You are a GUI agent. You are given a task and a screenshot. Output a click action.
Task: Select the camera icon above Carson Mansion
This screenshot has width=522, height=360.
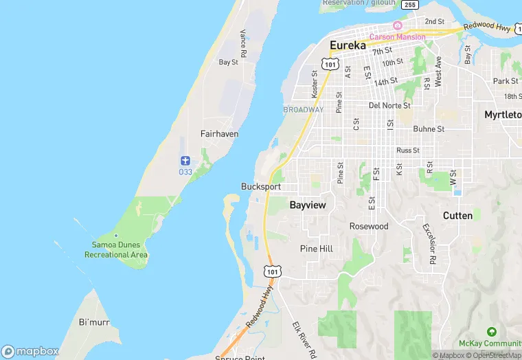pyautogui.click(x=397, y=25)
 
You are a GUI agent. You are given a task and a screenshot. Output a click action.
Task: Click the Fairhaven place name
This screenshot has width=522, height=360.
pyautogui.click(x=219, y=134)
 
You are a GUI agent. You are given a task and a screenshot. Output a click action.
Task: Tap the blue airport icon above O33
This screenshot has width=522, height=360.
pyautogui.click(x=185, y=160)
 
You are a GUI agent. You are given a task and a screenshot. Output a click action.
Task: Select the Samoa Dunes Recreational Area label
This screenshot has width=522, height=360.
pyautogui.click(x=116, y=249)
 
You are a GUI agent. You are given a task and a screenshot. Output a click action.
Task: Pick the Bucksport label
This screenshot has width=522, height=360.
pyautogui.click(x=261, y=187)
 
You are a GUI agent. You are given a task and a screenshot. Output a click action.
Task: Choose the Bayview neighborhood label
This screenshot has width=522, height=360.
pyautogui.click(x=308, y=205)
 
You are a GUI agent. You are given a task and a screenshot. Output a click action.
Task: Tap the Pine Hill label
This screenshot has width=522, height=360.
pyautogui.click(x=317, y=249)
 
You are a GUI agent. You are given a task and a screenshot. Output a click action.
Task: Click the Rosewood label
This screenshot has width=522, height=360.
pyautogui.click(x=369, y=226)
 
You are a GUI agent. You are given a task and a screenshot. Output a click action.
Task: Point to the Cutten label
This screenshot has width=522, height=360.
pyautogui.click(x=457, y=216)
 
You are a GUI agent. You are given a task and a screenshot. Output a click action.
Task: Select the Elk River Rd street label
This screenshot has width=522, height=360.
pyautogui.click(x=302, y=339)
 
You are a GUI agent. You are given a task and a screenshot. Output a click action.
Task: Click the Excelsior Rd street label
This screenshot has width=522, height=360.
pyautogui.click(x=429, y=244)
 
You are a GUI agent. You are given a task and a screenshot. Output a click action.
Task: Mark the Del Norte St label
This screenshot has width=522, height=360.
pyautogui.click(x=389, y=106)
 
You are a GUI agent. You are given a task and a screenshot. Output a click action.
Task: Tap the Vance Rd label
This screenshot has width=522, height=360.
pyautogui.click(x=243, y=43)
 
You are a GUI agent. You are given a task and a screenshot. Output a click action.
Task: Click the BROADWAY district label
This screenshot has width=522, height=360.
pyautogui.click(x=303, y=110)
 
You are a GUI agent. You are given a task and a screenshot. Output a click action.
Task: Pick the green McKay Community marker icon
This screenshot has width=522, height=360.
pyautogui.click(x=490, y=333)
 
